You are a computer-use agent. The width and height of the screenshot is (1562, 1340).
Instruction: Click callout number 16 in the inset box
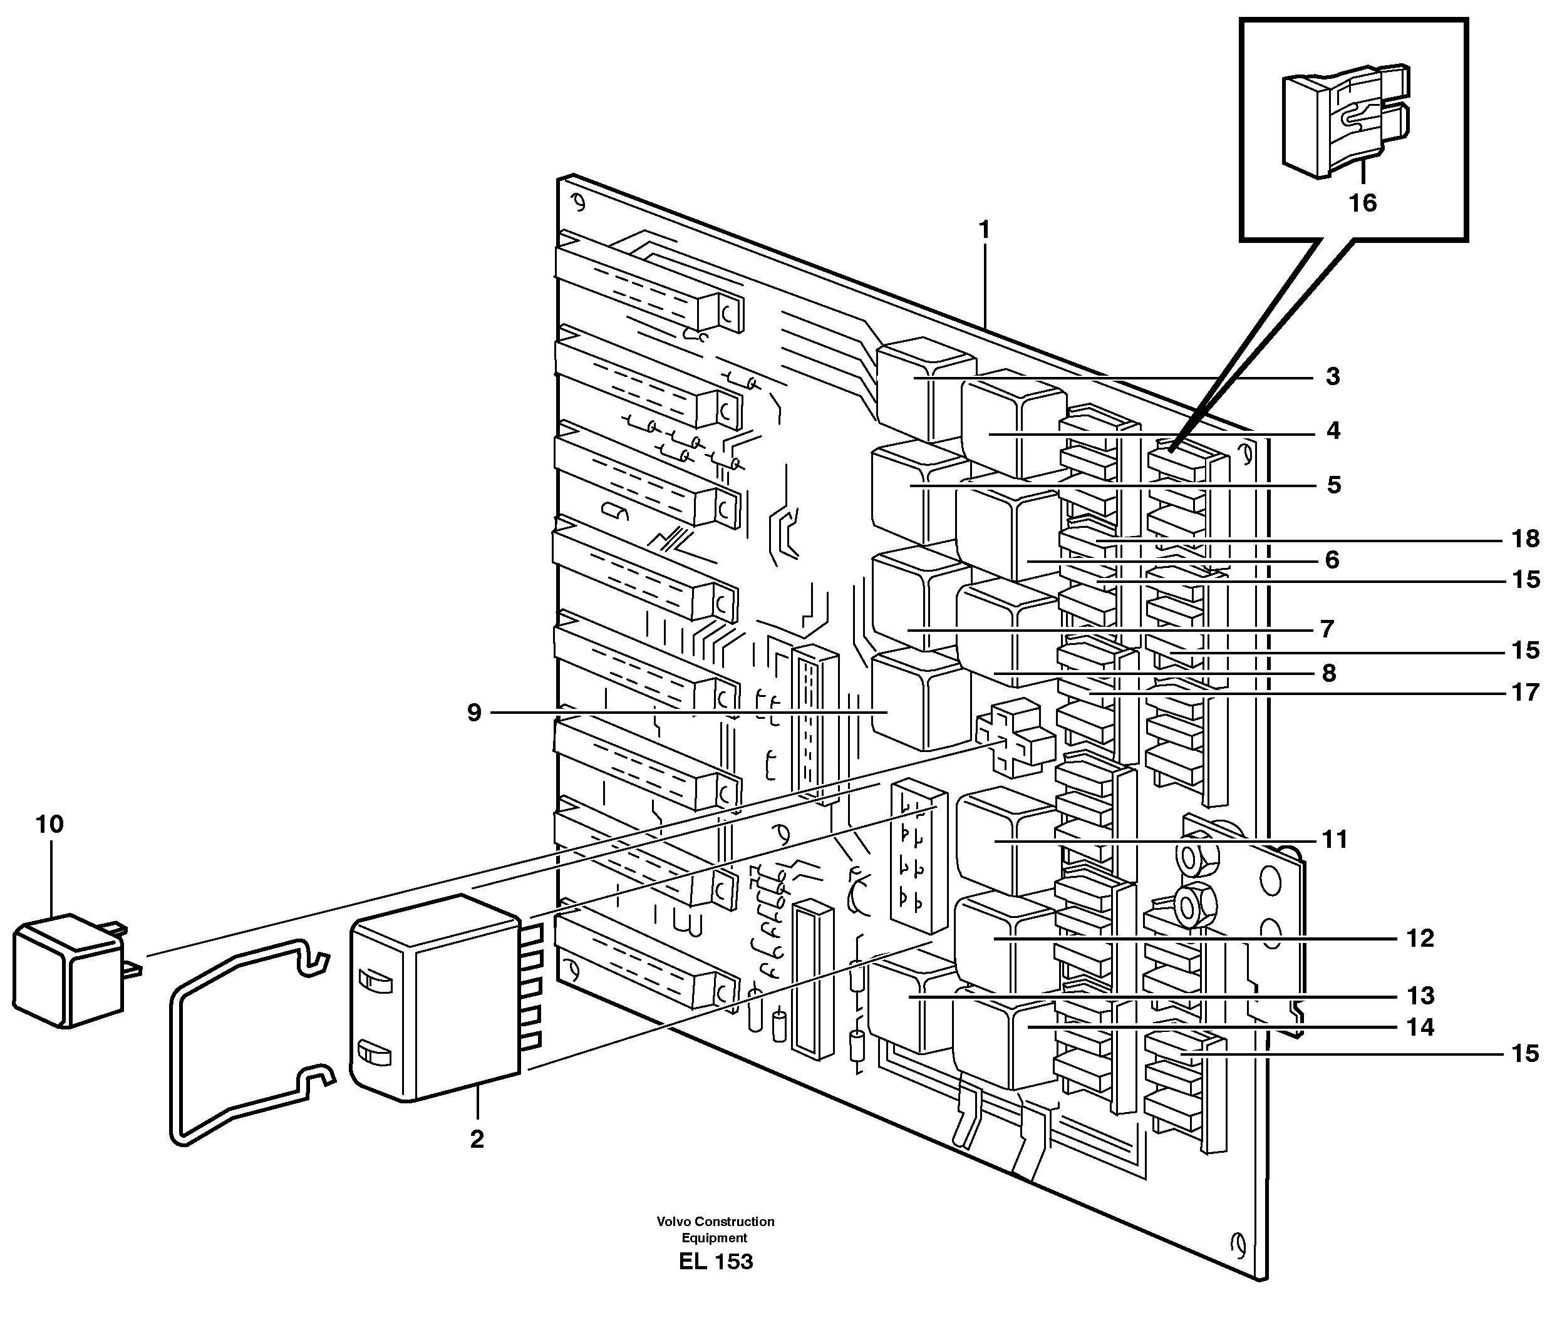tap(1362, 203)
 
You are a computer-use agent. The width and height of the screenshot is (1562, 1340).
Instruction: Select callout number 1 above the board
tap(983, 230)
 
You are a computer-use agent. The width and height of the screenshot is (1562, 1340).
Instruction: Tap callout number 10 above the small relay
tap(49, 825)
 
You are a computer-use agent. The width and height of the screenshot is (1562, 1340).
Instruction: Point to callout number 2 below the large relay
tap(477, 1140)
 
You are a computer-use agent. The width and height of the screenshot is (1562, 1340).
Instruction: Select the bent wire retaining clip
tap(249, 1044)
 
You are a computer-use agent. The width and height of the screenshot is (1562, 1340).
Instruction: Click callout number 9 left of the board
tap(473, 712)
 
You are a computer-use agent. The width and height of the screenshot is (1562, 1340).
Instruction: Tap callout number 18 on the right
tap(1525, 539)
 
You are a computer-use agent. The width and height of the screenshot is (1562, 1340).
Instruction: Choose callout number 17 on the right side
tap(1525, 692)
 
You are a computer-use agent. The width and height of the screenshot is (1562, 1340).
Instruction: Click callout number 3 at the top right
tap(1333, 376)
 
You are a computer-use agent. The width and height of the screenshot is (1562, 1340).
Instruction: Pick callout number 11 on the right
tap(1334, 840)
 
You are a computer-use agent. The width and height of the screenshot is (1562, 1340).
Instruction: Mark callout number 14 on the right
tap(1420, 1028)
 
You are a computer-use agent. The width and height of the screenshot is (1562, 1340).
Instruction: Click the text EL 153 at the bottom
tap(715, 1262)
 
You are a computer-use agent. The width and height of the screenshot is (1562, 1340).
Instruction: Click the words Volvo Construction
tap(715, 1222)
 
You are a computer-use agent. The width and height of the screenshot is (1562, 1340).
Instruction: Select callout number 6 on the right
tap(1332, 560)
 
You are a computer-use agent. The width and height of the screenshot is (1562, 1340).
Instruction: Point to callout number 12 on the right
tap(1420, 938)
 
